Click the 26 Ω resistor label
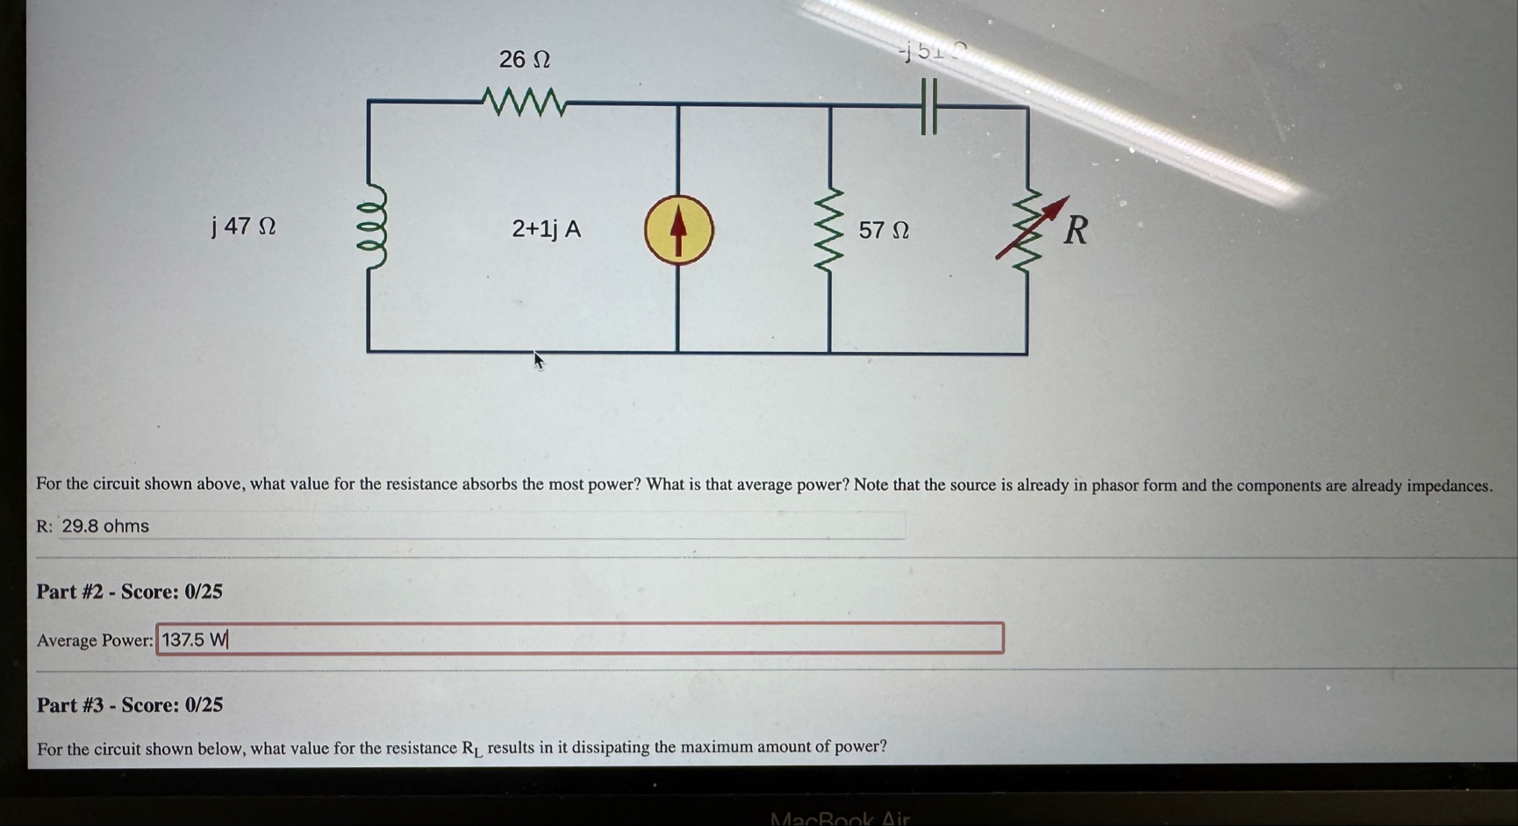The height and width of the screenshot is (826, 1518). pyautogui.click(x=524, y=60)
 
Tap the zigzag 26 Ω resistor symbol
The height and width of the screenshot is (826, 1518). pyautogui.click(x=524, y=103)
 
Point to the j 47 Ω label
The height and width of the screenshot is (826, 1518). pyautogui.click(x=244, y=226)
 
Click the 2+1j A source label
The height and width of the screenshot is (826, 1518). pyautogui.click(x=546, y=229)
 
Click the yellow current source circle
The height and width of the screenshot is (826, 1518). pyautogui.click(x=678, y=230)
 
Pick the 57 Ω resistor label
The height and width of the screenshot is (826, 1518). pyautogui.click(x=884, y=230)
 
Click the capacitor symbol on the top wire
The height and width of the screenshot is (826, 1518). pyautogui.click(x=929, y=106)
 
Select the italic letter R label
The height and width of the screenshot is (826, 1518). pyautogui.click(x=1076, y=231)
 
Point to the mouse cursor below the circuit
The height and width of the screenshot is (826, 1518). pyautogui.click(x=539, y=360)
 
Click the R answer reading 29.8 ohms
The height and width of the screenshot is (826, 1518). pyautogui.click(x=105, y=526)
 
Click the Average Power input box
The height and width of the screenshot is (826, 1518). pyautogui.click(x=579, y=639)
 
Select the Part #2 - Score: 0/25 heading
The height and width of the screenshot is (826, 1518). pyautogui.click(x=129, y=592)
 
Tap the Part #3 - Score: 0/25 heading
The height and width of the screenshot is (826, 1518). pyautogui.click(x=129, y=705)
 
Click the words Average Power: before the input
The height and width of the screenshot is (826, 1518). pyautogui.click(x=94, y=641)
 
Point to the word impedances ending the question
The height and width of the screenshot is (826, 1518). pyautogui.click(x=1449, y=486)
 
